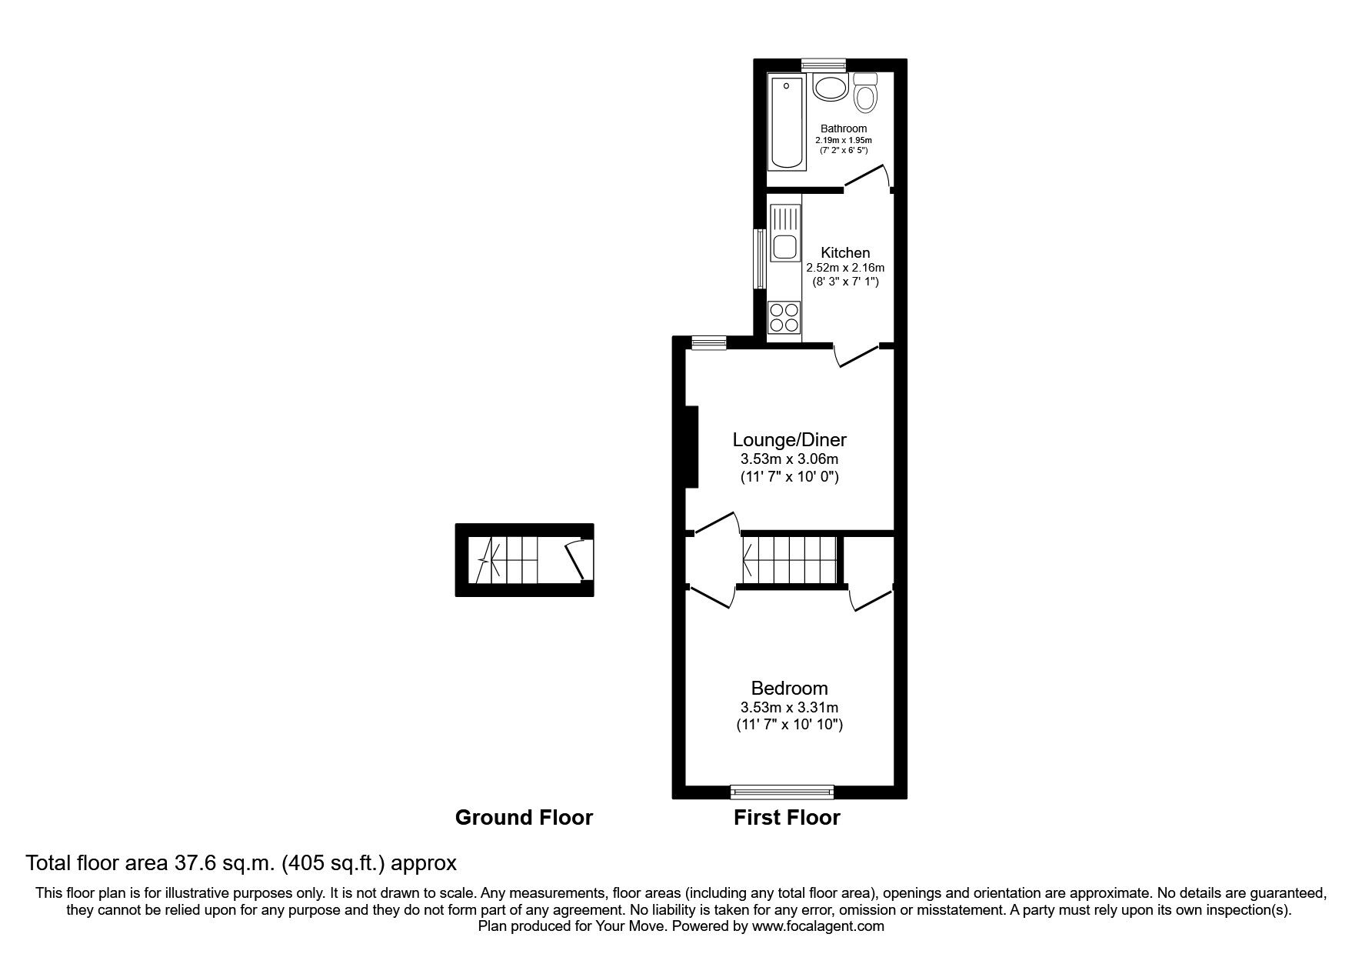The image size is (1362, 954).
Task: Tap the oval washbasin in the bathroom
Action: pyautogui.click(x=830, y=88)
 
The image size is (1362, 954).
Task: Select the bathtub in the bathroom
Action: pyautogui.click(x=787, y=123)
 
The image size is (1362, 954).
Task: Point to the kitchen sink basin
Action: pyautogui.click(x=784, y=247)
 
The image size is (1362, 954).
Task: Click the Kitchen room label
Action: pyautogui.click(x=845, y=252)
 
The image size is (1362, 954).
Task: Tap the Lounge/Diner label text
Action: pyautogui.click(x=789, y=440)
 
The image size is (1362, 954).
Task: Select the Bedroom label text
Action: pyautogui.click(x=789, y=688)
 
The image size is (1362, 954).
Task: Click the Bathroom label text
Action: pyautogui.click(x=843, y=128)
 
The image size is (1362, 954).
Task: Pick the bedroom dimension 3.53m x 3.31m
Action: pyautogui.click(x=789, y=707)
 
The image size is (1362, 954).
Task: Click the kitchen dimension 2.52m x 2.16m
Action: pyautogui.click(x=845, y=268)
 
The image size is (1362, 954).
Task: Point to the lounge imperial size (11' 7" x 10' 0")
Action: pyautogui.click(x=789, y=476)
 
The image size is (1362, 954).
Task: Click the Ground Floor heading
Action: pyautogui.click(x=524, y=817)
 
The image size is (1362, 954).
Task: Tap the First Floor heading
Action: pyautogui.click(x=787, y=817)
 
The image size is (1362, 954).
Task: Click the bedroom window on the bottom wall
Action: pyautogui.click(x=781, y=789)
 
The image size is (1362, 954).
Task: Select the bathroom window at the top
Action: pyautogui.click(x=823, y=65)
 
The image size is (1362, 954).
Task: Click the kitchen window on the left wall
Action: pyautogui.click(x=760, y=259)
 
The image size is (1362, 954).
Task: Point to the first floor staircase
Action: pyautogui.click(x=790, y=560)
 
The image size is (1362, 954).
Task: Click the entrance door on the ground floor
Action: pyautogui.click(x=575, y=560)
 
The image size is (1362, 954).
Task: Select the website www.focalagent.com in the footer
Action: pyautogui.click(x=818, y=926)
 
